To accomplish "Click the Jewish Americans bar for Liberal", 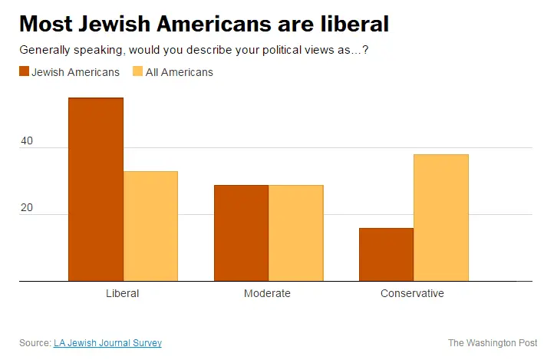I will (x=96, y=190).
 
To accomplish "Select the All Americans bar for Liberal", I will (x=150, y=226).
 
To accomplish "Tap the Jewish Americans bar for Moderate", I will (x=241, y=233).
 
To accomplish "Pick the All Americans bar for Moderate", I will (x=295, y=233).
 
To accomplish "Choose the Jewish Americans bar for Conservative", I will (x=386, y=255).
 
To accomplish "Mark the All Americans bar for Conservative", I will (x=440, y=218).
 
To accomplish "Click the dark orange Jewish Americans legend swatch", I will (x=24, y=72).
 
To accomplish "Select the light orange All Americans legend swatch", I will (x=138, y=72).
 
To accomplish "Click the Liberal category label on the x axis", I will (x=122, y=293).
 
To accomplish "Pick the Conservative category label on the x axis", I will (x=412, y=293).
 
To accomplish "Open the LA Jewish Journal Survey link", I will (x=107, y=342).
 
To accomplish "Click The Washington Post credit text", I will (x=493, y=342).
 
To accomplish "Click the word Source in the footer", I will (x=35, y=342).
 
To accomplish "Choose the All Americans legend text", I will (x=179, y=72).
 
